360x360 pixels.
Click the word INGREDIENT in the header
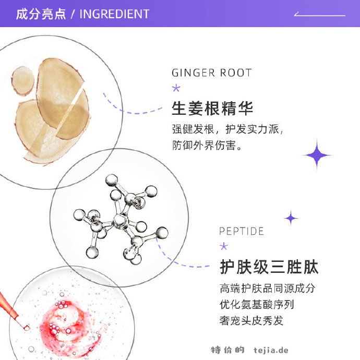tap(114, 14)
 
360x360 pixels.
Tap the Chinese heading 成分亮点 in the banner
tap(41, 14)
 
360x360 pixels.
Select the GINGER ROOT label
tap(212, 73)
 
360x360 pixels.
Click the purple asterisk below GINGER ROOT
tap(176, 88)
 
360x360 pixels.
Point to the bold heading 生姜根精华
tap(212, 108)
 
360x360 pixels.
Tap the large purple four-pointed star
tap(317, 155)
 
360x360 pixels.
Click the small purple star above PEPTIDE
tap(291, 218)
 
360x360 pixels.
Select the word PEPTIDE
tap(241, 231)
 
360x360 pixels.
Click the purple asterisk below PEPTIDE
tap(224, 246)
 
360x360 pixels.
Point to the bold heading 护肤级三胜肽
tap(269, 267)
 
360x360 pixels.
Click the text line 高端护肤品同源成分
tap(267, 289)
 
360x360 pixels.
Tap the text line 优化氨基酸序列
tap(257, 305)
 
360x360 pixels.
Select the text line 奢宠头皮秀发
tap(251, 320)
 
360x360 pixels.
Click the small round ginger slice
tap(22, 81)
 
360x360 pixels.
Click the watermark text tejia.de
tap(271, 350)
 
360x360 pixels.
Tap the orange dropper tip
tap(27, 328)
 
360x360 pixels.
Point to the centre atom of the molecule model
tap(119, 221)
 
